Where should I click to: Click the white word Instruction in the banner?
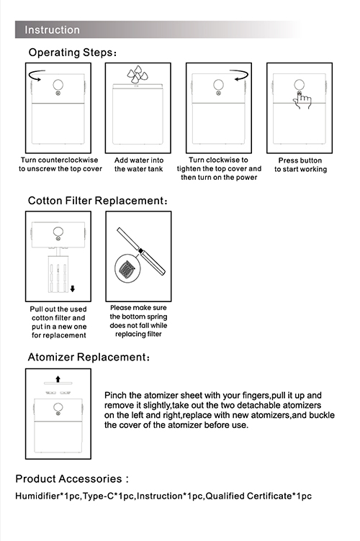pos(52,30)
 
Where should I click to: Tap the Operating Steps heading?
pos(73,53)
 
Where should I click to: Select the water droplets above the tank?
pos(138,74)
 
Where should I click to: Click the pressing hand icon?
pos(302,101)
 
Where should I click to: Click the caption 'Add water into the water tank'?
pos(139,165)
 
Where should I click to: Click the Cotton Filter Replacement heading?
pos(98,201)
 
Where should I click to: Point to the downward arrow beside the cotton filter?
pos(73,288)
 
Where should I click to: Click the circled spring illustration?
pos(126,268)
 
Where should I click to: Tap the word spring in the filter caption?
pos(156,317)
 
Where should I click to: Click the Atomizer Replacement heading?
pos(89,357)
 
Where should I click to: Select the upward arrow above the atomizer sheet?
pos(58,379)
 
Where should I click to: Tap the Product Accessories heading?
pos(72,479)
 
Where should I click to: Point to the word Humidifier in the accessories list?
pos(38,496)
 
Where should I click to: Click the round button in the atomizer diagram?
pos(58,407)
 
